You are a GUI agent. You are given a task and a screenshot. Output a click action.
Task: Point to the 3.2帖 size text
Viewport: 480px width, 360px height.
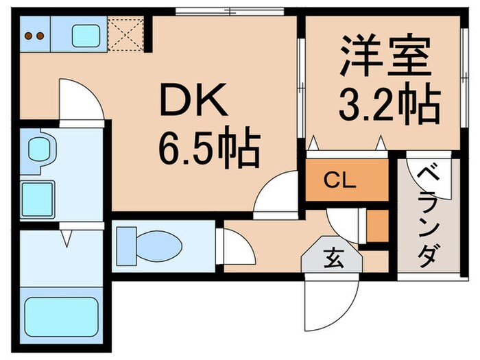388,104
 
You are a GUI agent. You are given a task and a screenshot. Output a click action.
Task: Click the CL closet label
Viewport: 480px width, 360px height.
340,182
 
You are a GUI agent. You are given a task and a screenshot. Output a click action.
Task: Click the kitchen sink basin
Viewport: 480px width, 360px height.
86,35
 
